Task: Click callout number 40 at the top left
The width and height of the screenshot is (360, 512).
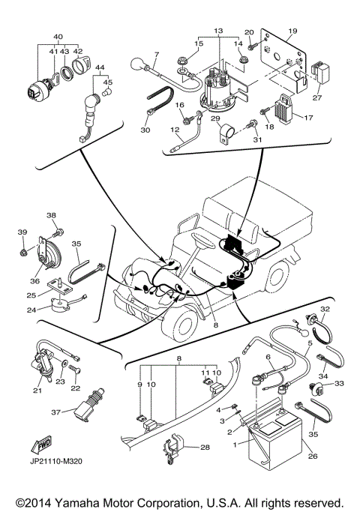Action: tap(58, 37)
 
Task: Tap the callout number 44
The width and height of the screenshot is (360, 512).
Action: tap(99, 67)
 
